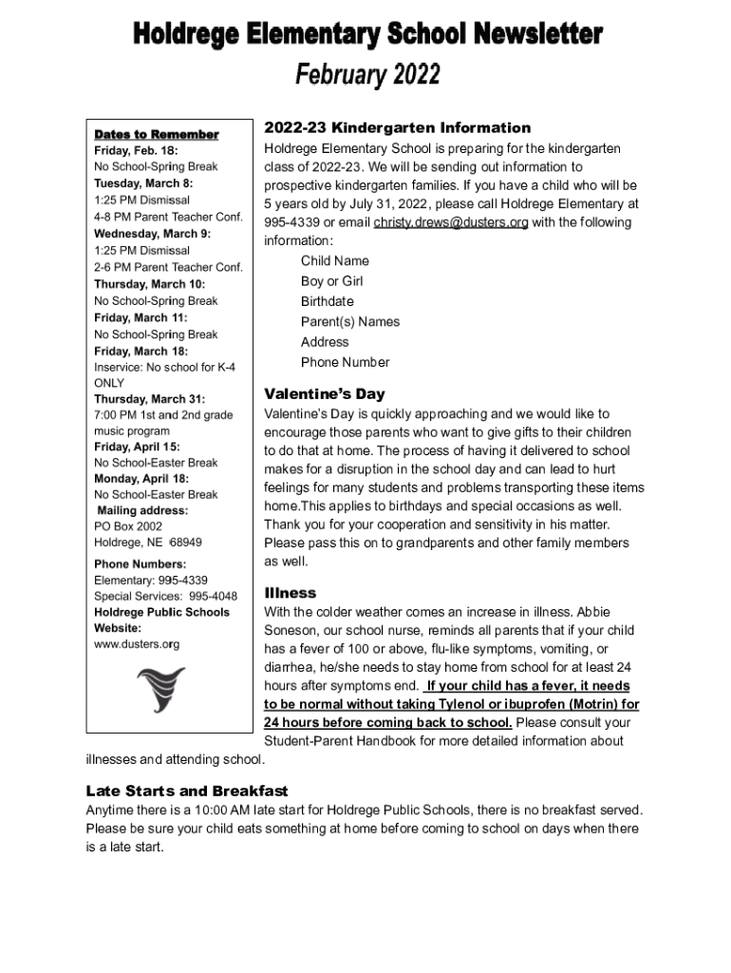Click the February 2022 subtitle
click(x=367, y=74)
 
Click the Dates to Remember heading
click(x=156, y=134)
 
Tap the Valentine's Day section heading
click(x=324, y=393)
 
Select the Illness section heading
click(x=290, y=593)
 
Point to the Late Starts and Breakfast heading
click(x=187, y=791)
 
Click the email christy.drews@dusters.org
click(x=450, y=222)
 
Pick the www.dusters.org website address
click(x=137, y=644)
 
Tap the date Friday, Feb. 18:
click(x=136, y=150)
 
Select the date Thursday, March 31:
click(x=149, y=399)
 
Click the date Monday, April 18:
click(x=141, y=479)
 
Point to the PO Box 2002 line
click(x=128, y=526)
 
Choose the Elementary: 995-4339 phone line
click(x=151, y=580)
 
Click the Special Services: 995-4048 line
click(x=165, y=596)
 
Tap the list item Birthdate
click(x=327, y=301)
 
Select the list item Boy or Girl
click(x=331, y=281)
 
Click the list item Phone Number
click(x=345, y=362)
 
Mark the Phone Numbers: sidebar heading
click(x=139, y=563)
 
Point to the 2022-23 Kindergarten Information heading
click(x=397, y=127)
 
